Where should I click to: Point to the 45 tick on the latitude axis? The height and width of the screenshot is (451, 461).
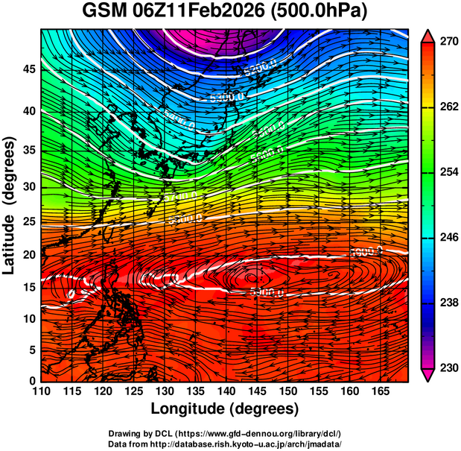pos(28,69)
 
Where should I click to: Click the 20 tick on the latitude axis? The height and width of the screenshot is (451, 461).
pos(28,254)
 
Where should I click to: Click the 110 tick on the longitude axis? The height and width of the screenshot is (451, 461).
pos(41,391)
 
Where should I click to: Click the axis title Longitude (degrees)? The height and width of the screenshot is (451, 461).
pos(225,409)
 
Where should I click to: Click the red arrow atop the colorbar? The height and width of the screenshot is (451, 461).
pos(427,36)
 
